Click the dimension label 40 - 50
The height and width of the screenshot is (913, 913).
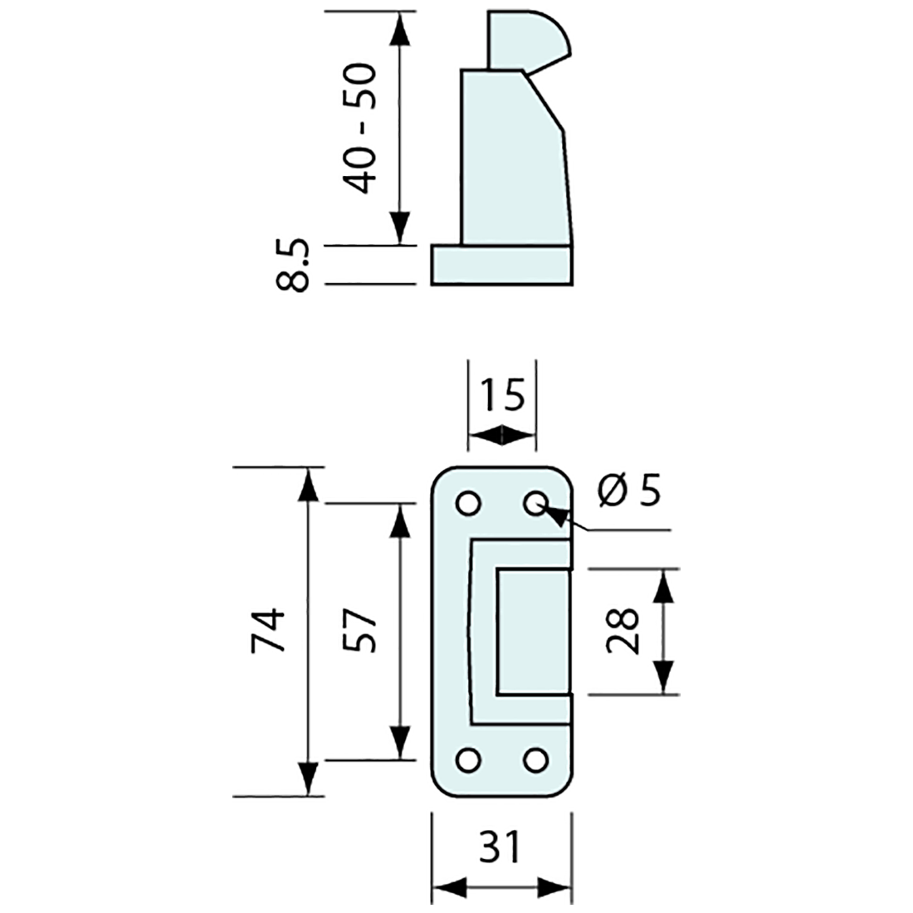(x=361, y=129)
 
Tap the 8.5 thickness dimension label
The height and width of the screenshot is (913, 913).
(x=294, y=266)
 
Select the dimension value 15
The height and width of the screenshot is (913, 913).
(x=502, y=397)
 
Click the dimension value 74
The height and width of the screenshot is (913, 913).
(x=271, y=631)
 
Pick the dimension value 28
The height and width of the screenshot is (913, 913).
(x=622, y=631)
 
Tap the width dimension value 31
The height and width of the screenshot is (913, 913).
(x=501, y=847)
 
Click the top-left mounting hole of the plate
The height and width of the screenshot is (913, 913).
(x=467, y=503)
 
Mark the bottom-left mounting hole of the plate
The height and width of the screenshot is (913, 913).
(x=467, y=759)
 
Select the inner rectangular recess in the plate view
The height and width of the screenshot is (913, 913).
(x=533, y=631)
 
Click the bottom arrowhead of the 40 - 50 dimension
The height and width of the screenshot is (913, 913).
(x=400, y=229)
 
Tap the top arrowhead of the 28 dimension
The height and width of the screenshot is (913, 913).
(x=662, y=585)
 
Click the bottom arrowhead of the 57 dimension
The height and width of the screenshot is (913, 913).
(x=400, y=742)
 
